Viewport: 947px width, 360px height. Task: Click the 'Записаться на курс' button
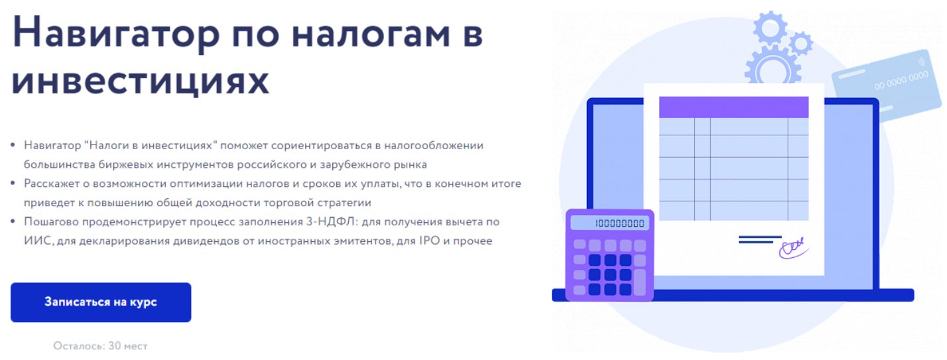(x=101, y=302)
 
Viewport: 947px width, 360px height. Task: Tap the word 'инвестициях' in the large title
(x=141, y=82)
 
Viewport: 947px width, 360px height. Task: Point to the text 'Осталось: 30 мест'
(x=101, y=345)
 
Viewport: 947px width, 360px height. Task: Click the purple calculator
(x=609, y=255)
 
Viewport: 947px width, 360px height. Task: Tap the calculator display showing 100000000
(x=609, y=223)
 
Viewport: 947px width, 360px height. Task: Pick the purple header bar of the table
(x=733, y=107)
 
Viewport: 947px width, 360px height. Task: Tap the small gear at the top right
(x=801, y=43)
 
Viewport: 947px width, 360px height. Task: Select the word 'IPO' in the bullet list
(x=421, y=241)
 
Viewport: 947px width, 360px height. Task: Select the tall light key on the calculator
(x=640, y=282)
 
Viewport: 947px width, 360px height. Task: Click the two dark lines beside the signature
(x=759, y=239)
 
